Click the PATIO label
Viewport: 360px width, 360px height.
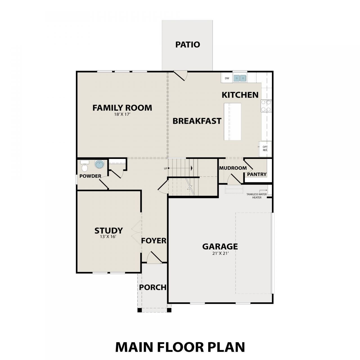[188, 45]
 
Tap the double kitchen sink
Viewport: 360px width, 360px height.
[240, 78]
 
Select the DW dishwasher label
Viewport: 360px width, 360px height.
[227, 78]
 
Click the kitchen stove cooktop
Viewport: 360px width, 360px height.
[266, 106]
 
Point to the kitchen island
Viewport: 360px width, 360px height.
[232, 121]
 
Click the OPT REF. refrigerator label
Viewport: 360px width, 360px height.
[265, 148]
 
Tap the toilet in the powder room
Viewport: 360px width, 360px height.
[85, 166]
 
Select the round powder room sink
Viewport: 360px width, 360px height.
[100, 165]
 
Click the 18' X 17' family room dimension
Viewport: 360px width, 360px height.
[122, 114]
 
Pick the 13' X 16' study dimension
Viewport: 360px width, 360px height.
[108, 237]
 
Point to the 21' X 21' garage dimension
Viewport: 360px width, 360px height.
[220, 253]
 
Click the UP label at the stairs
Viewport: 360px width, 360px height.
[166, 168]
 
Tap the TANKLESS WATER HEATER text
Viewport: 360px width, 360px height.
[257, 195]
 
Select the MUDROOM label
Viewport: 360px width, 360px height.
[233, 168]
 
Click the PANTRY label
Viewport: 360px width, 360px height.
[257, 174]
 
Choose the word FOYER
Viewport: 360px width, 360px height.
[154, 241]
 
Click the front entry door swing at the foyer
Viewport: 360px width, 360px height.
[154, 258]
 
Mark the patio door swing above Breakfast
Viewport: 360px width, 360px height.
[181, 75]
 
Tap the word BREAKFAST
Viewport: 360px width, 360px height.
[197, 121]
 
